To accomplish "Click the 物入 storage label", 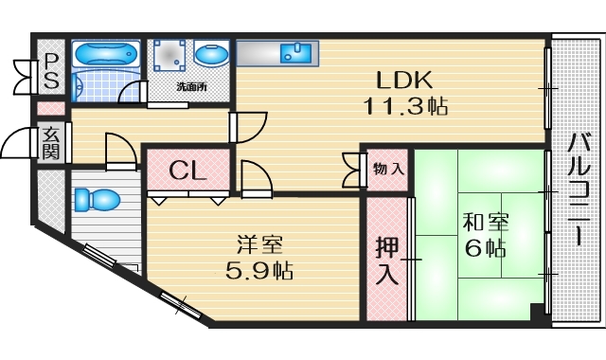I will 388,170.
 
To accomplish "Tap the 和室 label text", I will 486,225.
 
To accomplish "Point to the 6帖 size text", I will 486,249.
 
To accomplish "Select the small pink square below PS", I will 50,108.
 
